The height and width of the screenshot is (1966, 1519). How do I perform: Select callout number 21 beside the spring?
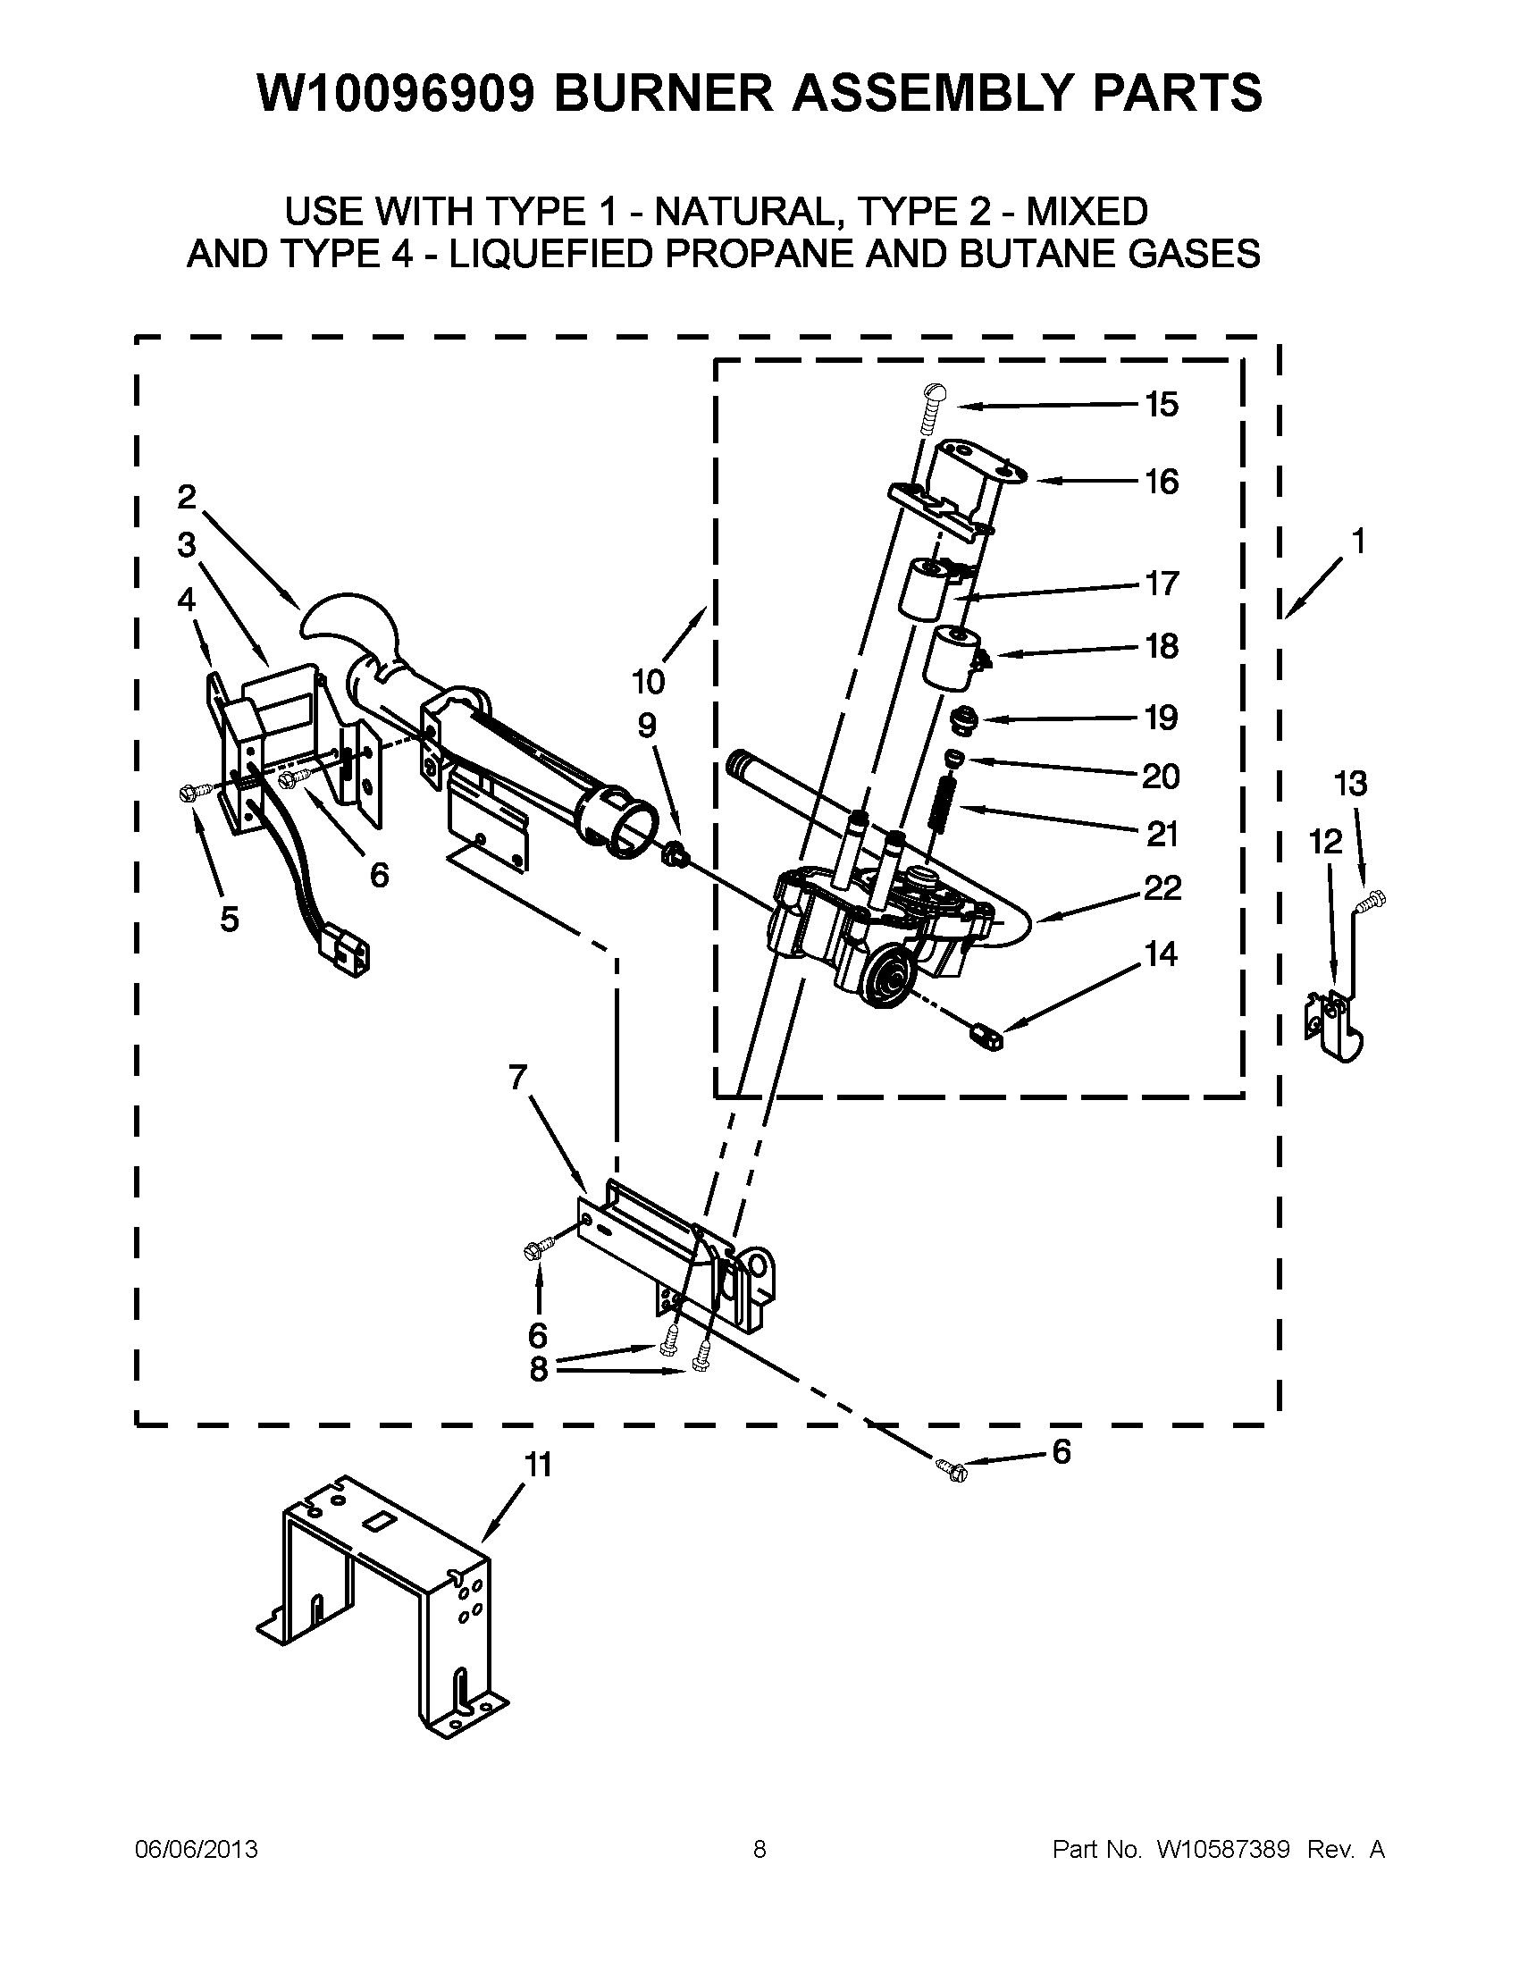tap(1162, 835)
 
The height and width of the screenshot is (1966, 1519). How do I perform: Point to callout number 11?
tap(537, 1466)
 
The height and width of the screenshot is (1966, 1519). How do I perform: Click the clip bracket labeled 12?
tap(1335, 1025)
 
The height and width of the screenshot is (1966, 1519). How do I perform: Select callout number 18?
tap(1162, 646)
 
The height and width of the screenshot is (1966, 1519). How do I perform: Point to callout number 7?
tap(517, 1077)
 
